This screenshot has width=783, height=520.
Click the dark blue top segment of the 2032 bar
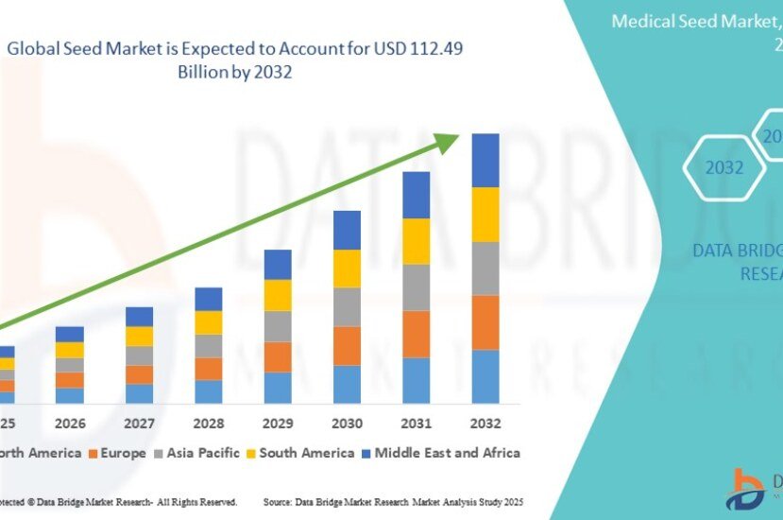485,160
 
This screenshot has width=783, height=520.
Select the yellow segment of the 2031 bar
416,241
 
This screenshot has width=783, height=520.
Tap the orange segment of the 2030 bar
347,345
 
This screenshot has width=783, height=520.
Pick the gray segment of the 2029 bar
277,326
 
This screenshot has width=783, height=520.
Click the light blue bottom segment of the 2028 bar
208,391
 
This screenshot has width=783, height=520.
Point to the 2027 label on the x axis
139,423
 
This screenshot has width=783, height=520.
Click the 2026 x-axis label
70,423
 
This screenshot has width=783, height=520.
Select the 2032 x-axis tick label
485,423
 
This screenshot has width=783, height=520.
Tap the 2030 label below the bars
347,423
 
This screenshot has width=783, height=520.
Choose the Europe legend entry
118,453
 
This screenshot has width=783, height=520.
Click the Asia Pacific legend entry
196,453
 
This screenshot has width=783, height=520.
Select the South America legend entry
298,453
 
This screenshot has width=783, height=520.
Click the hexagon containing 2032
724,168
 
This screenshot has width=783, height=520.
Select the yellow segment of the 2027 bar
139,336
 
